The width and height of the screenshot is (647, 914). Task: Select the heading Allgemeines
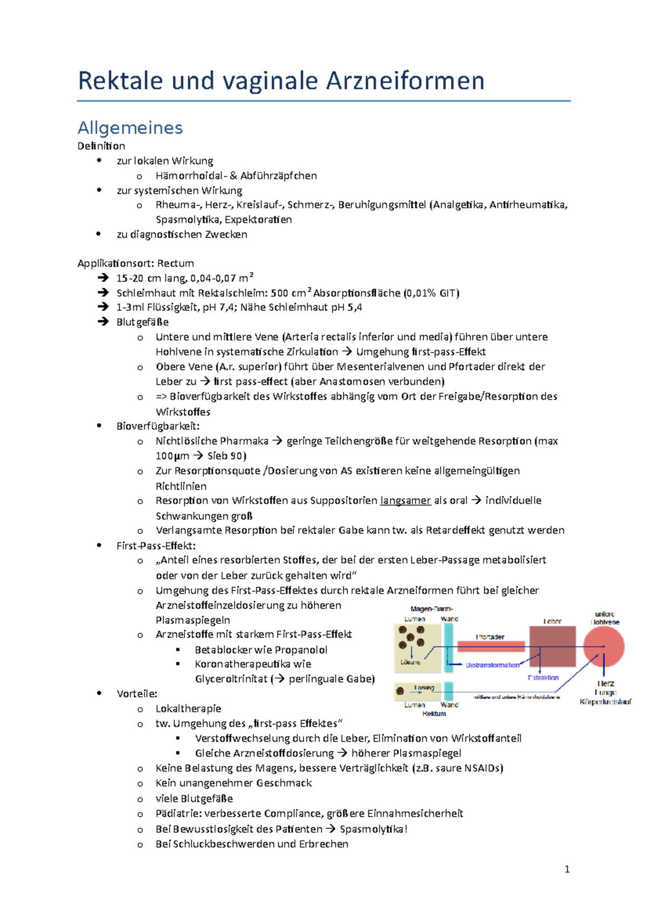tap(130, 128)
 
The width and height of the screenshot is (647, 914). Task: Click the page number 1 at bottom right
tap(567, 869)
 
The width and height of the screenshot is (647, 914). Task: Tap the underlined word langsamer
tap(405, 500)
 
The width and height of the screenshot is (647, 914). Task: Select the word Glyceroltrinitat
tap(231, 679)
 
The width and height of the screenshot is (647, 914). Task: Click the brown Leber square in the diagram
tap(552, 646)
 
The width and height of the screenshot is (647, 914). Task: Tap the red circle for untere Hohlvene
tap(604, 646)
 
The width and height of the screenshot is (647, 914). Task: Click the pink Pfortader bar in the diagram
tap(491, 646)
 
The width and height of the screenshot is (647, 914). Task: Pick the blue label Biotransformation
tap(492, 665)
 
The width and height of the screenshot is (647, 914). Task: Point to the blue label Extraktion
tap(543, 678)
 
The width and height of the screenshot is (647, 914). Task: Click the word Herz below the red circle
tap(605, 683)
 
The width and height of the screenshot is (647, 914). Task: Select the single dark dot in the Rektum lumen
tap(400, 691)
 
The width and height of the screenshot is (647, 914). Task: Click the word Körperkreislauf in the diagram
tap(605, 702)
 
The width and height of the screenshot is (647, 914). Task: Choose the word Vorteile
tap(136, 694)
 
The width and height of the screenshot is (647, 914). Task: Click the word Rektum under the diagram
tap(434, 714)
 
